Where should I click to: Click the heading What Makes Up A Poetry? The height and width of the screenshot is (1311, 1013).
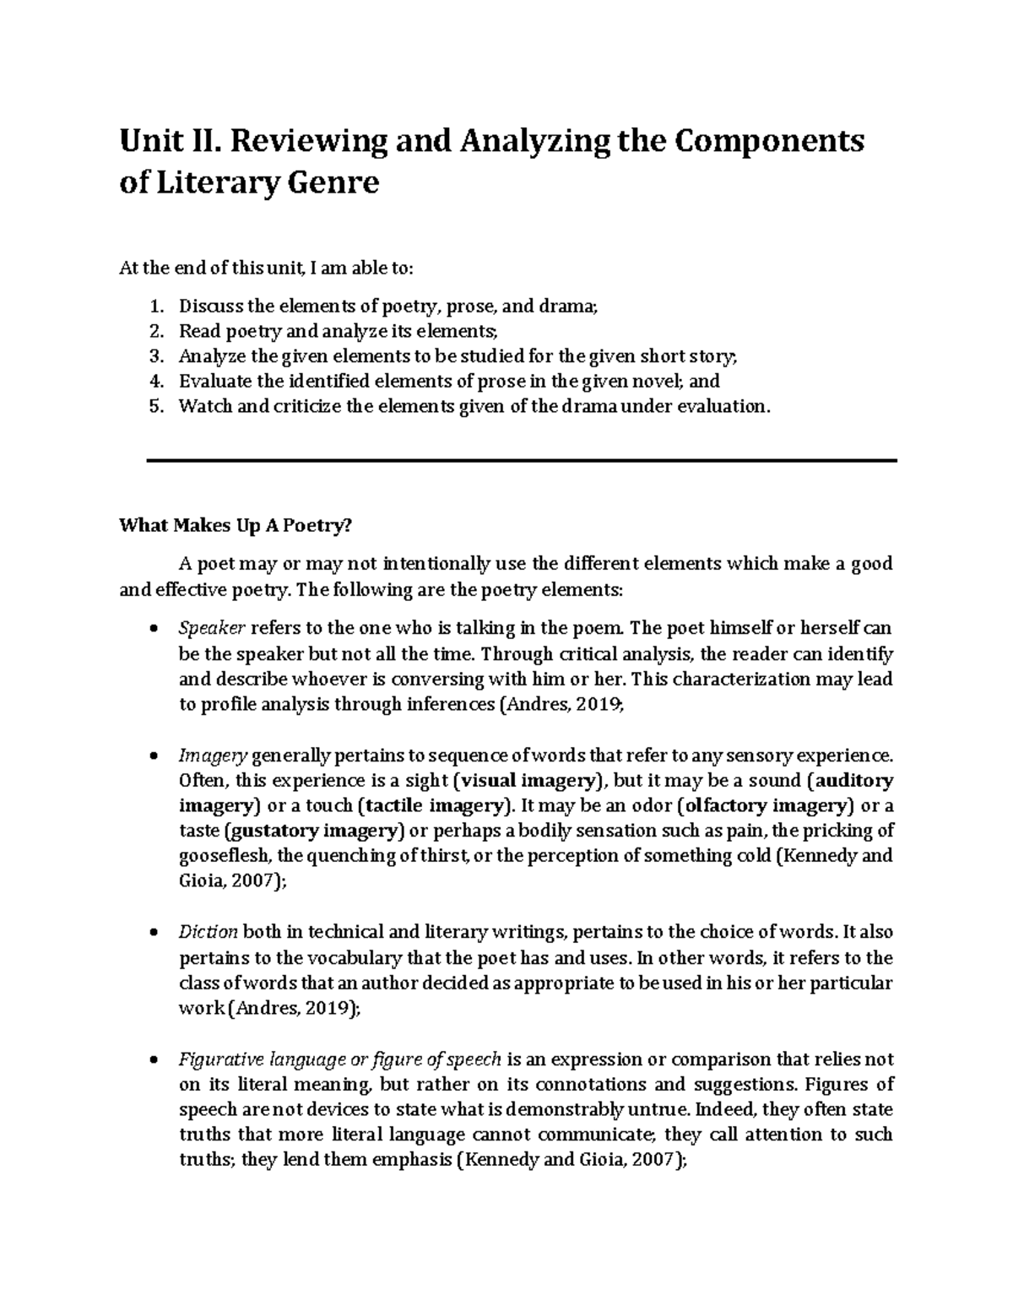(x=235, y=526)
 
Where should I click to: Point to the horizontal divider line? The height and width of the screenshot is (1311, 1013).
(x=521, y=460)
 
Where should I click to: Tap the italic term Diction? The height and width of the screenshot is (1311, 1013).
(x=209, y=932)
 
